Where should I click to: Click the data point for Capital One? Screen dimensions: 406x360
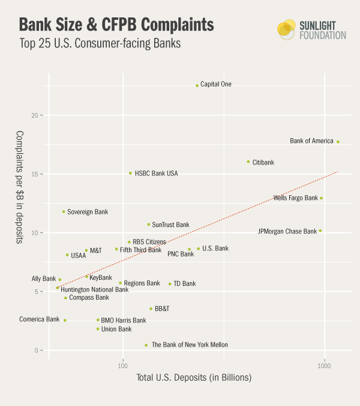point(197,85)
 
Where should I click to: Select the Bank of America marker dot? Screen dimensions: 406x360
point(338,142)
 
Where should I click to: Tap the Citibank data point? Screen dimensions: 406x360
point(248,162)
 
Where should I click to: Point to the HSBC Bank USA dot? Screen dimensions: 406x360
point(130,173)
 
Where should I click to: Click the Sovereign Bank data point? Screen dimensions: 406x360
point(64,211)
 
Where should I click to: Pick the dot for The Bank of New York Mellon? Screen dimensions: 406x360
point(146,345)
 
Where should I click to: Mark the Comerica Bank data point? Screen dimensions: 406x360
point(65,320)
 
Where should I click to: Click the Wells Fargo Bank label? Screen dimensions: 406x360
point(295,198)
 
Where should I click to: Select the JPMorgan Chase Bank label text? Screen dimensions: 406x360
point(287,231)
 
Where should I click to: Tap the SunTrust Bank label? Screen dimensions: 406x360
point(170,225)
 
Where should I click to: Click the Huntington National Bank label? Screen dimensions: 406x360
point(95,289)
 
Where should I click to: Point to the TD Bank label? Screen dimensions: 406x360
point(185,283)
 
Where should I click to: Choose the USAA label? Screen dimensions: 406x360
point(79,255)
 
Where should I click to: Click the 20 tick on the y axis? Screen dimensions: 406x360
point(37,115)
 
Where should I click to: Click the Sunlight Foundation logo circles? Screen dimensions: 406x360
point(287,29)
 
